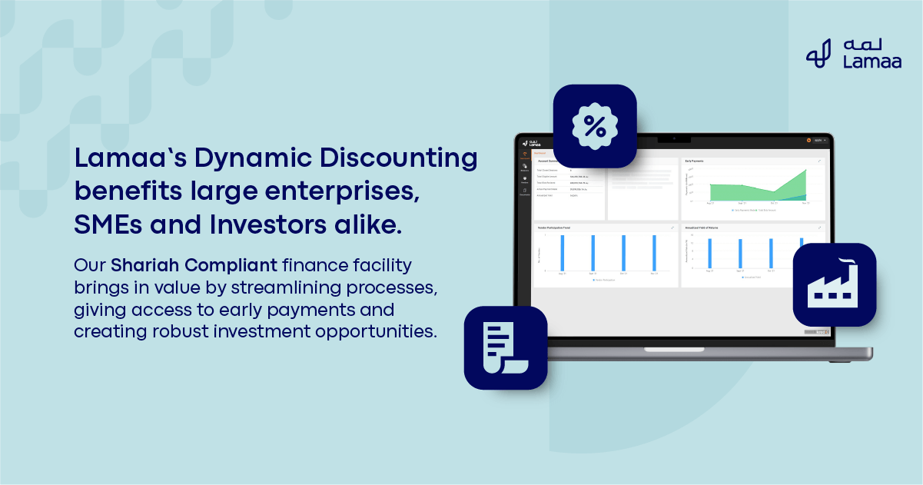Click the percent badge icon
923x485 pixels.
click(595, 126)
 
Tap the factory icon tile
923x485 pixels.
click(834, 285)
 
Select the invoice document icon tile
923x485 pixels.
click(505, 347)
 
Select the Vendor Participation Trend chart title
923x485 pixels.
click(556, 228)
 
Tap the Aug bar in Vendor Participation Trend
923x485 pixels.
click(563, 253)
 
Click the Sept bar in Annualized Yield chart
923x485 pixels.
click(739, 254)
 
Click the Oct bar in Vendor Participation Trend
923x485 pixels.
click(623, 253)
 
